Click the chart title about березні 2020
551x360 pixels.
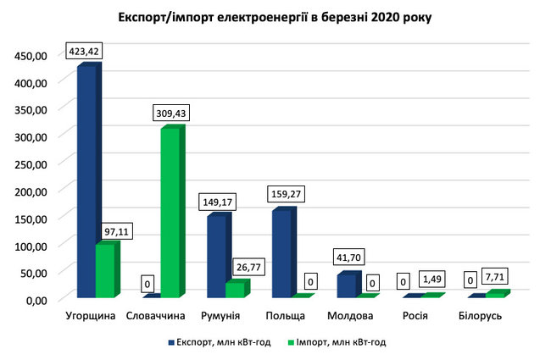click(275, 18)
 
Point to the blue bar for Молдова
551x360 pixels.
click(346, 285)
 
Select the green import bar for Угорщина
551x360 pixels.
click(105, 271)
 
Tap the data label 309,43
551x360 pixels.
click(170, 112)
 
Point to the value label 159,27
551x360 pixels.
click(283, 193)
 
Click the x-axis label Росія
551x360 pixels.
click(413, 316)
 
